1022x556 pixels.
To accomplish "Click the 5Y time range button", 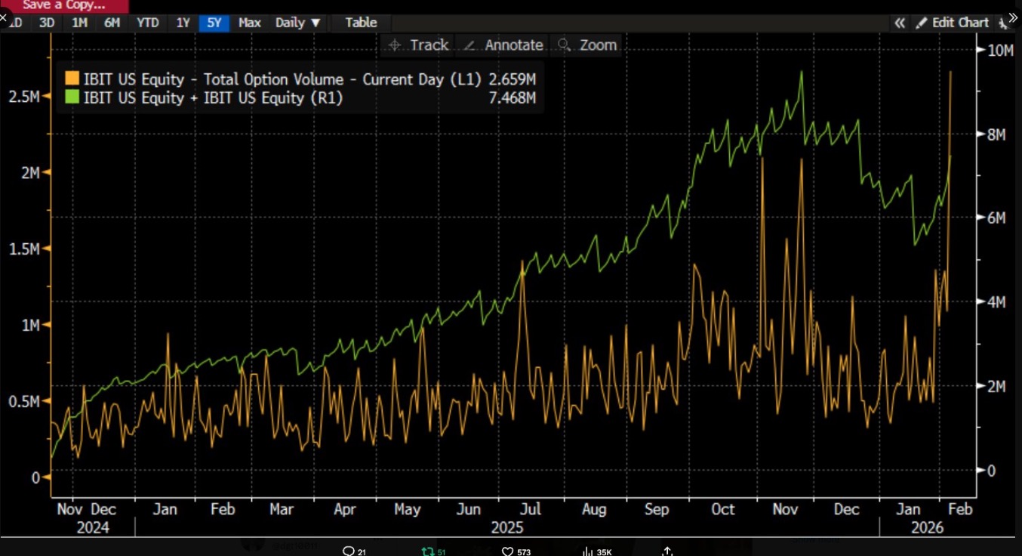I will click(214, 23).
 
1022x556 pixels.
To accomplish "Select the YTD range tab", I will click(147, 23).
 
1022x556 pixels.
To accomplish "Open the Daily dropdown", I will click(297, 23).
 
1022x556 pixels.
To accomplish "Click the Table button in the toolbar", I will click(361, 23).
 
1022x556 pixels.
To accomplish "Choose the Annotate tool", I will click(503, 45).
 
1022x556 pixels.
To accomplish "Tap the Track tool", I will click(419, 45).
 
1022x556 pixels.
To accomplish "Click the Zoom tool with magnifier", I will click(588, 45).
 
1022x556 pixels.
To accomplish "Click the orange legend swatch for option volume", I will click(72, 79).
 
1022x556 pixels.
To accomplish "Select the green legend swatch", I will click(72, 97).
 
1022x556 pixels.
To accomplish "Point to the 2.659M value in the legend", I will click(513, 79).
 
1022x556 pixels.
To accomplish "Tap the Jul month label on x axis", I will click(531, 509).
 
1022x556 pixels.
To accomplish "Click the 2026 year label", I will click(927, 527).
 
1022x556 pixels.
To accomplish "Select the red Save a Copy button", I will click(64, 5).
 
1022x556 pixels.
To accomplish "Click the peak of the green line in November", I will click(801, 72).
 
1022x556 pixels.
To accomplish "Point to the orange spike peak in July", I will click(522, 261).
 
